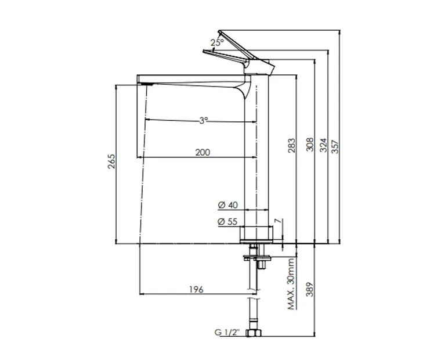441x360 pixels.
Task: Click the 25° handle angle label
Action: click(x=217, y=42)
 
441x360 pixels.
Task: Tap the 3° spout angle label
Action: click(x=203, y=120)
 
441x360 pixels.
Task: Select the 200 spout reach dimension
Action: click(x=203, y=152)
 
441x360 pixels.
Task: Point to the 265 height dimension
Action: click(x=111, y=161)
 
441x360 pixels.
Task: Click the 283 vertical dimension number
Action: click(x=292, y=145)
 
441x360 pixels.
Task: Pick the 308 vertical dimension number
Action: click(x=310, y=145)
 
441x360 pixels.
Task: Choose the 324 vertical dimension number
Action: click(x=324, y=145)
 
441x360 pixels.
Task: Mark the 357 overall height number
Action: click(x=335, y=147)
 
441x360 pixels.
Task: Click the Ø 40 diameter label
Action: click(x=228, y=205)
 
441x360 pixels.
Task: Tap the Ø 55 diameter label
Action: click(x=227, y=222)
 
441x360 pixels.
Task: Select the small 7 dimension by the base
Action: click(x=277, y=221)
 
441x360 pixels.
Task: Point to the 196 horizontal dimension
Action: click(x=196, y=289)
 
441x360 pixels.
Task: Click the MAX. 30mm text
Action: click(x=291, y=284)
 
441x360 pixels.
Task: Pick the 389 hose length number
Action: click(x=310, y=289)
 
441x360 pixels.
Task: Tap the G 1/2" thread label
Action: click(x=227, y=332)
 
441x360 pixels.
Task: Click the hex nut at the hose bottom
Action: click(x=254, y=333)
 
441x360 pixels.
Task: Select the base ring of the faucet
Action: click(x=256, y=234)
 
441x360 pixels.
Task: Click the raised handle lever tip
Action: click(x=219, y=31)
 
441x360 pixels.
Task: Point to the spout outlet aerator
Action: click(x=146, y=84)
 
